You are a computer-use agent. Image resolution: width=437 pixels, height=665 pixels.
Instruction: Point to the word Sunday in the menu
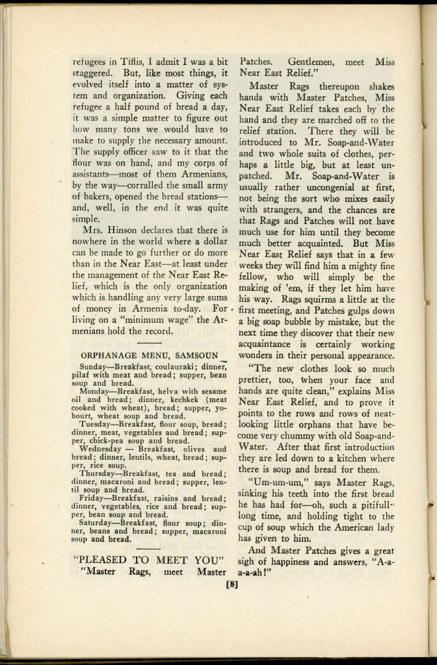(94, 366)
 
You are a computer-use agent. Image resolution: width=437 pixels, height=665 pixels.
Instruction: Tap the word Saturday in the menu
(98, 521)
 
